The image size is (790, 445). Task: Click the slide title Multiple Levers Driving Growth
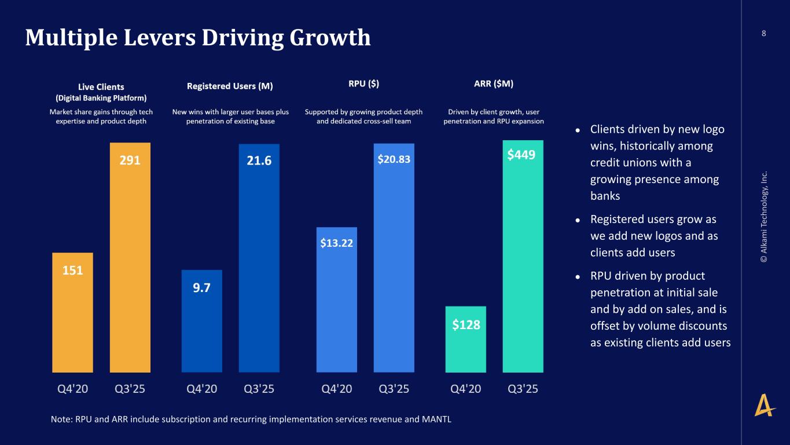tap(197, 38)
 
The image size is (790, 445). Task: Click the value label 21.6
tap(259, 161)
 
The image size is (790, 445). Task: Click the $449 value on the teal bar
tap(521, 155)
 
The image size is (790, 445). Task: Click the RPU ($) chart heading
tap(363, 83)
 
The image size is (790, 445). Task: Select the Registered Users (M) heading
tap(230, 86)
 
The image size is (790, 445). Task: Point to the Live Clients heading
tap(101, 87)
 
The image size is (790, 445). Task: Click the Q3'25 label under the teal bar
tap(523, 389)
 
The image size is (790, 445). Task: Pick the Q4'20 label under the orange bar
tap(73, 389)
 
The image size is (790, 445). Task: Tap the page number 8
tap(763, 33)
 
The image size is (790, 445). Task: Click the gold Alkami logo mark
tap(765, 404)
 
